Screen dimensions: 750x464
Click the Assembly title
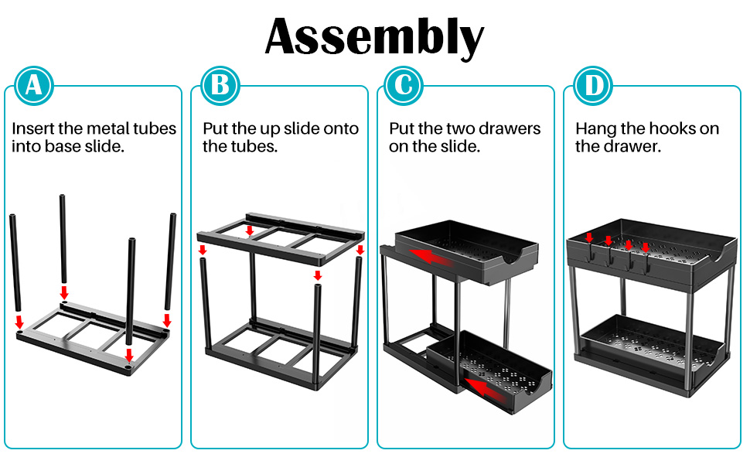coord(374,37)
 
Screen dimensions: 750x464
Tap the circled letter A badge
coord(33,86)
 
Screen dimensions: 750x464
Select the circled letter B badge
coord(220,86)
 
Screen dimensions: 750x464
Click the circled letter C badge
coord(404,86)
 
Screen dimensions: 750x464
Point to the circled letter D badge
coord(593,86)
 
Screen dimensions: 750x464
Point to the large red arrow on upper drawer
coord(432,257)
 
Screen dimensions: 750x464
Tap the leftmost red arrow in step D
coord(589,237)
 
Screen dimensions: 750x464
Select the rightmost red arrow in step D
coord(646,247)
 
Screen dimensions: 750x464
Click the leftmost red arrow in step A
coord(19,322)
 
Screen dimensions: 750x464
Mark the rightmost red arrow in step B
coord(360,250)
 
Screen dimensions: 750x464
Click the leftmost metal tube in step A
coord(15,263)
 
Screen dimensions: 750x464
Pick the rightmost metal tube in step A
coord(170,261)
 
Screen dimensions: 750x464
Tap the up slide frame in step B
coord(281,237)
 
